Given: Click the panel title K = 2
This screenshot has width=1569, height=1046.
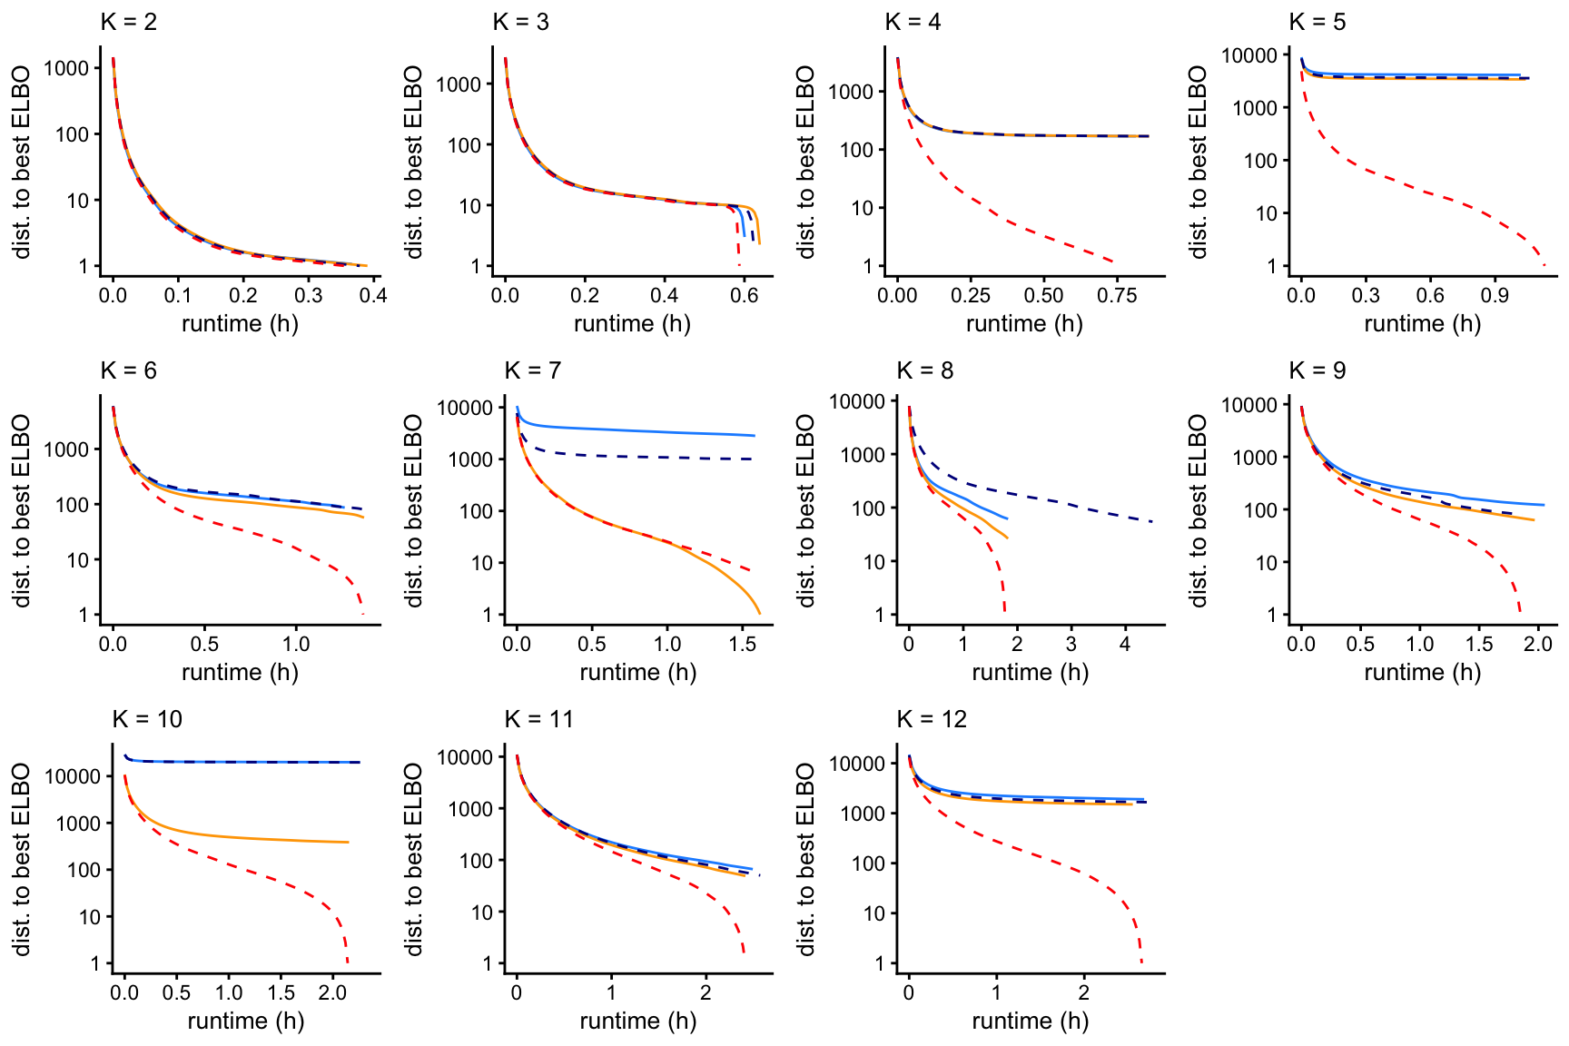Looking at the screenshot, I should (x=128, y=22).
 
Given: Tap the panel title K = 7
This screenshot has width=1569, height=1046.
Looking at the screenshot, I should (x=532, y=370).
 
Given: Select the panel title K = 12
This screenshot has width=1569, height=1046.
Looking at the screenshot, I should (x=932, y=719).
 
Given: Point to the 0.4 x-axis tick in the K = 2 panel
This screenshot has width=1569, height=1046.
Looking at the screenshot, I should (x=373, y=295).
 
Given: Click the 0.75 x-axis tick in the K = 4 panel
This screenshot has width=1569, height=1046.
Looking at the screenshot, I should (x=1117, y=295).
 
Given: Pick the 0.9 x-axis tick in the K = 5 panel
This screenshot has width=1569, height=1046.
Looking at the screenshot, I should (x=1495, y=295).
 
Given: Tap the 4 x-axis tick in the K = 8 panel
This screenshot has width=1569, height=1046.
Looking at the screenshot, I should (x=1125, y=644).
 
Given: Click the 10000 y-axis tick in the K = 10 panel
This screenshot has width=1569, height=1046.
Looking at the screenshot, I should (x=74, y=776).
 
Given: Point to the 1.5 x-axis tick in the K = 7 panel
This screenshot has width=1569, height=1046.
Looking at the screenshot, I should (x=743, y=644).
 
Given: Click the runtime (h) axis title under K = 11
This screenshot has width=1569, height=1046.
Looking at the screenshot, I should (x=637, y=1021).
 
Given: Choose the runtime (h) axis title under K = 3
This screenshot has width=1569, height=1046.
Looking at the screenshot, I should (x=632, y=324).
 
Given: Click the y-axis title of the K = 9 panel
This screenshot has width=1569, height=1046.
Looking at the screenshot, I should (x=1199, y=510).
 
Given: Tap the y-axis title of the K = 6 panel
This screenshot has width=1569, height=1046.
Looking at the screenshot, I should (x=22, y=510).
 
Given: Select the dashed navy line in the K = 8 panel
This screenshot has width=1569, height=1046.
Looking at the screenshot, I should (x=1071, y=501).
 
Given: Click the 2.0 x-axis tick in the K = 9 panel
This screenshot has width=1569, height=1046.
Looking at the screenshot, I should (x=1538, y=644).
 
